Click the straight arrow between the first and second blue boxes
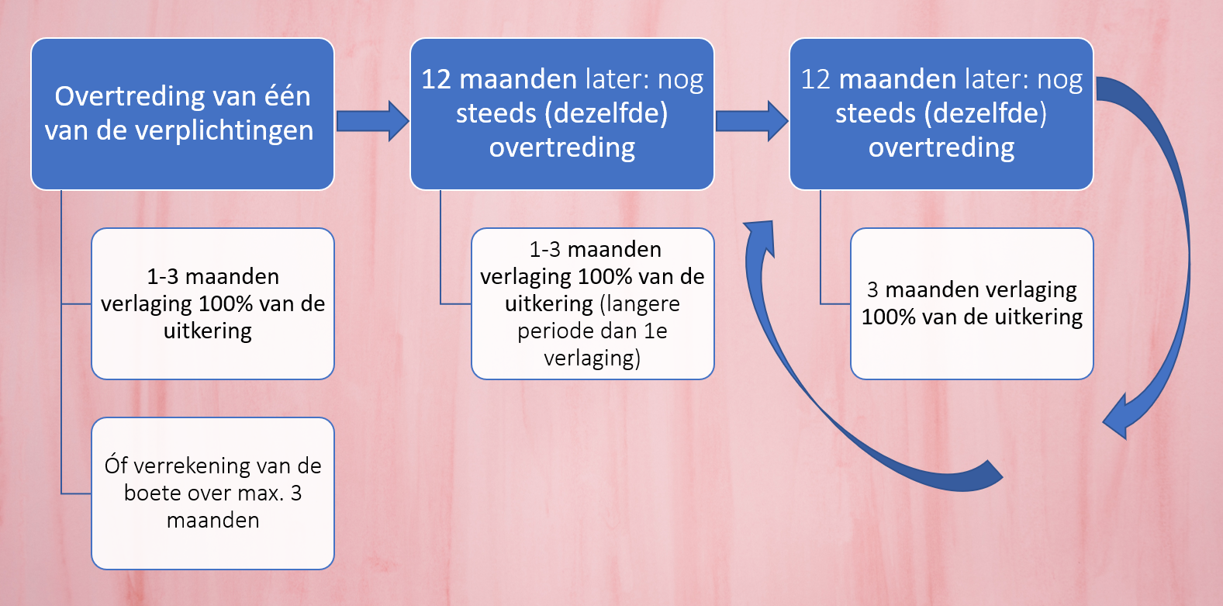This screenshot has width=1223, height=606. [373, 121]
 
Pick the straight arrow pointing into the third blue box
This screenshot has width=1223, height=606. [751, 121]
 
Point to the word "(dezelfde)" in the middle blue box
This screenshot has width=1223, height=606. [606, 113]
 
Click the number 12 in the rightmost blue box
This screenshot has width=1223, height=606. [815, 79]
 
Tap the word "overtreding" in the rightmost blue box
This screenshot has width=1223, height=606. [941, 147]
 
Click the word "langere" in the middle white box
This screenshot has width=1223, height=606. [641, 305]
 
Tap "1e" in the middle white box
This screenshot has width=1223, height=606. [655, 331]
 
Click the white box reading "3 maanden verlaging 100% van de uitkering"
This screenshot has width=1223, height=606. [972, 304]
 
